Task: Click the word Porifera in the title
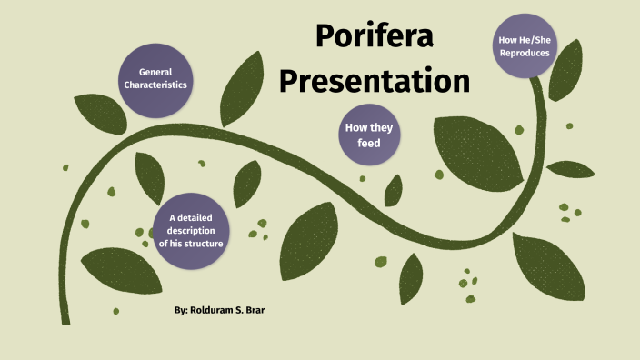[374, 37]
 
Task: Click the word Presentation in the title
[374, 82]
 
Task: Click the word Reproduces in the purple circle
[524, 54]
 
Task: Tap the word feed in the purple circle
[367, 144]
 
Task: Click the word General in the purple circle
[155, 72]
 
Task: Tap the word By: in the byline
[181, 311]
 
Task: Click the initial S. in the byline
[246, 311]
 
